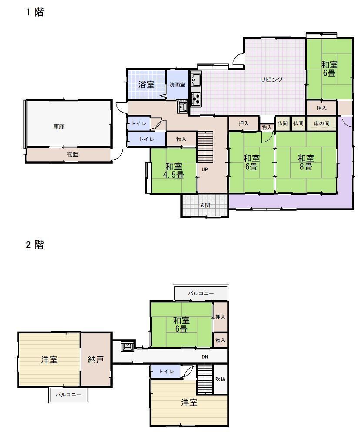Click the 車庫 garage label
pyautogui.click(x=59, y=127)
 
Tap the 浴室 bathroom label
pyautogui.click(x=146, y=84)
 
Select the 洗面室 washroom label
pyautogui.click(x=177, y=84)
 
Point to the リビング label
pyautogui.click(x=271, y=80)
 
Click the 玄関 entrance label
pyautogui.click(x=205, y=205)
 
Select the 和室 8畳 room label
pyautogui.click(x=306, y=162)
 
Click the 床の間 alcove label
pyautogui.click(x=321, y=124)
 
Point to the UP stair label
pyautogui.click(x=205, y=169)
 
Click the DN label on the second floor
pyautogui.click(x=205, y=357)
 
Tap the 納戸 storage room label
pyautogui.click(x=96, y=360)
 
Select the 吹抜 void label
pyautogui.click(x=220, y=379)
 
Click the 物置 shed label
pyautogui.click(x=72, y=154)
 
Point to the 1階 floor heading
pyautogui.click(x=35, y=12)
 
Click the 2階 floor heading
pyautogui.click(x=35, y=245)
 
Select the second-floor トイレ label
pyautogui.click(x=166, y=372)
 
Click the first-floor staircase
pyautogui.click(x=205, y=147)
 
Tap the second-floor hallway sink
pyautogui.click(x=127, y=346)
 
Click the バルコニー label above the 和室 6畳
pyautogui.click(x=201, y=293)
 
